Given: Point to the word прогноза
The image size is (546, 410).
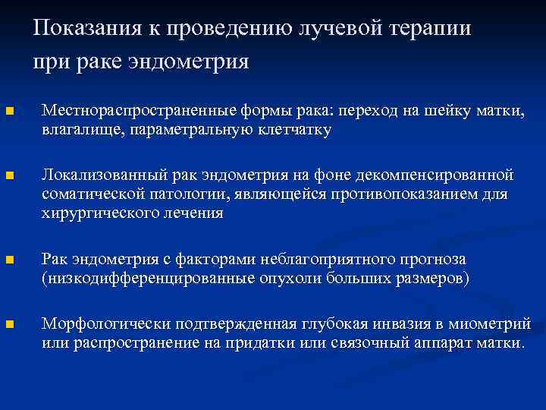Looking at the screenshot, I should (433, 260).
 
